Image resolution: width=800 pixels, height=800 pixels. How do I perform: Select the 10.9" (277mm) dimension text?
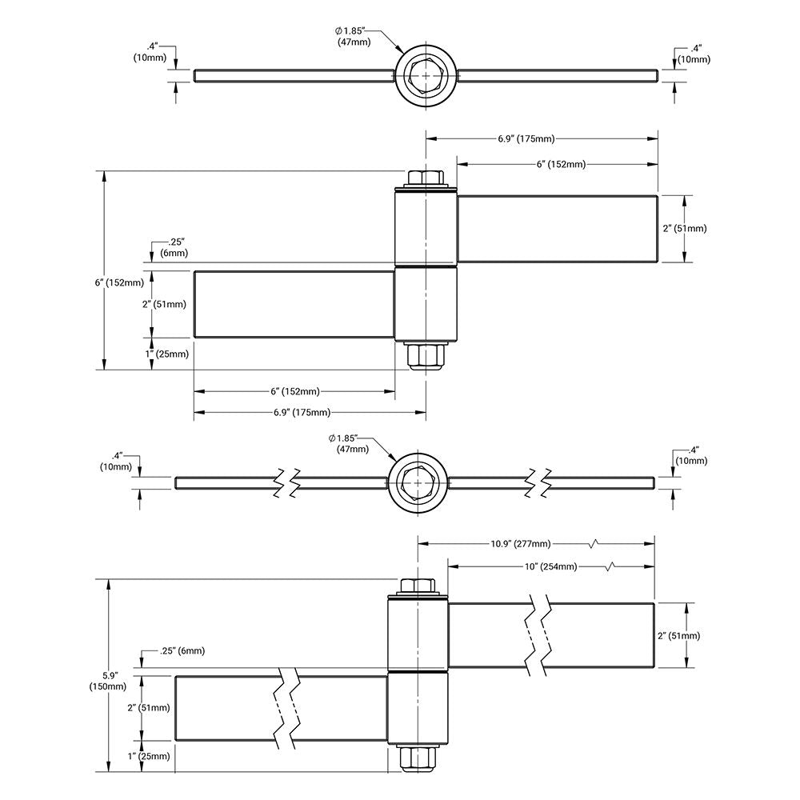pyautogui.click(x=520, y=544)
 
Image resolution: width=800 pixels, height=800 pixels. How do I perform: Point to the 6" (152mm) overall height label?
pyautogui.click(x=119, y=282)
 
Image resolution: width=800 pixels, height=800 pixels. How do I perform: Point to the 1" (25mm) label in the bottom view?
pyautogui.click(x=153, y=755)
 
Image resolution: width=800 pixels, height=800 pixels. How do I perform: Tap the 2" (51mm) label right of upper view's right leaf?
pyautogui.click(x=685, y=228)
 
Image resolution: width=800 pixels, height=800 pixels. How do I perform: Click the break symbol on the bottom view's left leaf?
pyautogui.click(x=289, y=707)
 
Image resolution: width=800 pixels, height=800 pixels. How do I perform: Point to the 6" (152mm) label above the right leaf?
pyautogui.click(x=562, y=164)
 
